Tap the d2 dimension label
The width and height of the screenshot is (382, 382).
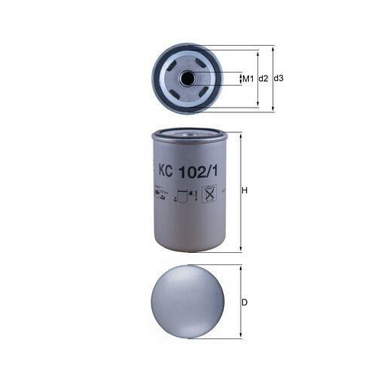[x=262, y=79]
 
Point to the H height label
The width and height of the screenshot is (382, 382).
[x=245, y=190]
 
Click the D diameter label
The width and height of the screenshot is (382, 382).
[x=245, y=303]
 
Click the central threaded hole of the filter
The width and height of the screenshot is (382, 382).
[x=186, y=79]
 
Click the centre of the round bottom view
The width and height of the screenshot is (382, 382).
[x=186, y=303]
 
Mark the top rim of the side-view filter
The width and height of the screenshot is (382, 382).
[x=186, y=133]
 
